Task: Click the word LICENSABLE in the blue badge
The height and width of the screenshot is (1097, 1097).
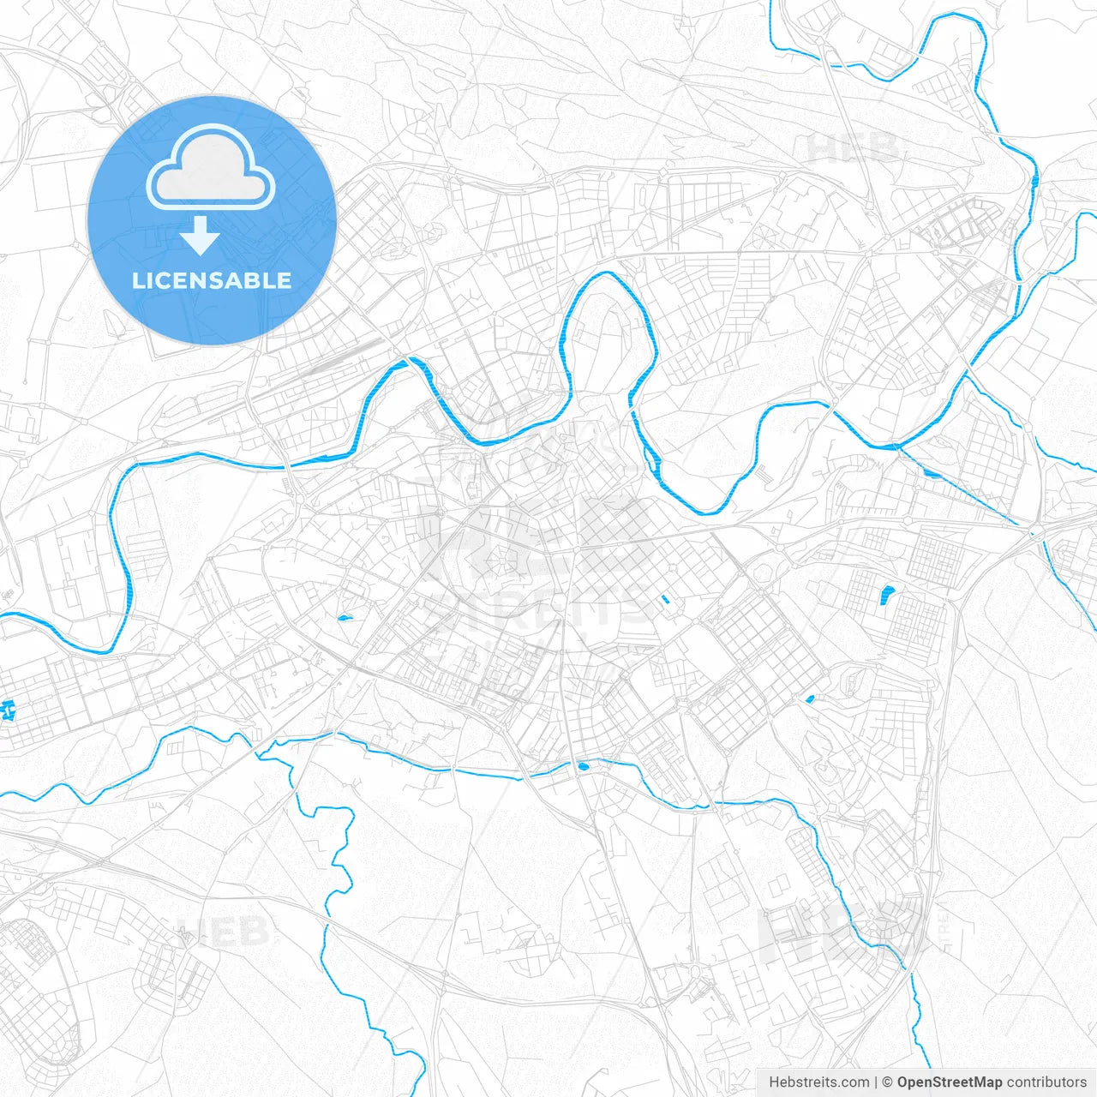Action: (212, 280)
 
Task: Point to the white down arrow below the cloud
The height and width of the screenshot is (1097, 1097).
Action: (201, 236)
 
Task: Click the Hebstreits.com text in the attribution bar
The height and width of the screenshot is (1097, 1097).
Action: (818, 1082)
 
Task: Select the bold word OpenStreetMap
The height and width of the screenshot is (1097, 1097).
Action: (950, 1082)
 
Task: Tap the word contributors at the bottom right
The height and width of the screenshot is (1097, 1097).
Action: (1046, 1082)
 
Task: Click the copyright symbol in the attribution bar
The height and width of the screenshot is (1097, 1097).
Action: (888, 1082)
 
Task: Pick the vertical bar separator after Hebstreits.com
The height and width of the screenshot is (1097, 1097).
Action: (876, 1082)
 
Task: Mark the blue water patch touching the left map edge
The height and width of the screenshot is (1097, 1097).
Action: (9, 710)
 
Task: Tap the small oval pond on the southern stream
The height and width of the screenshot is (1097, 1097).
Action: (584, 766)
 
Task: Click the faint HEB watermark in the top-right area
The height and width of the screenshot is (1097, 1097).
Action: (853, 149)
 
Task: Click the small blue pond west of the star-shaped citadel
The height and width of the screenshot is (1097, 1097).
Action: (345, 617)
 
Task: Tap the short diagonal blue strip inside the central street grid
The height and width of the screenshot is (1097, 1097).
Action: (664, 599)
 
